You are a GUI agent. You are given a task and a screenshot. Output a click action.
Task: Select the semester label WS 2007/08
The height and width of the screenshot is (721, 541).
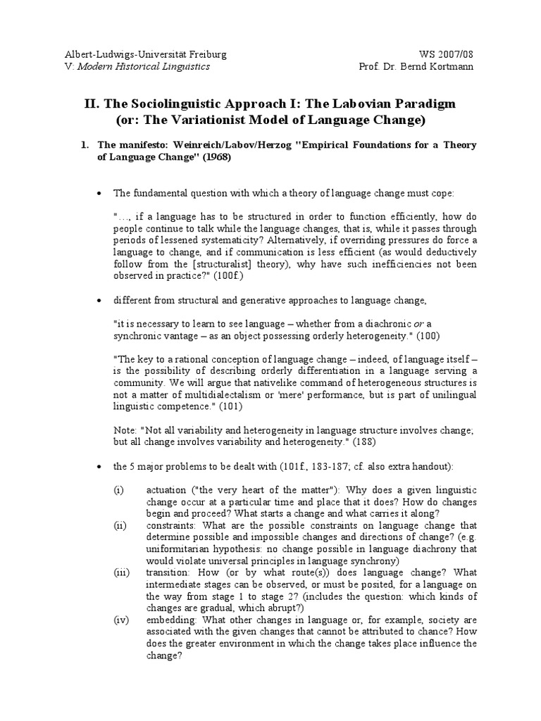point(452,55)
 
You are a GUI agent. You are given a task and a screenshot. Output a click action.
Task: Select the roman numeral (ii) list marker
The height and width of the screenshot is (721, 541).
point(119,525)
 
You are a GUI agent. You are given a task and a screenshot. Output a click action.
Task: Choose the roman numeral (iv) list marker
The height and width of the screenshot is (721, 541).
point(120,620)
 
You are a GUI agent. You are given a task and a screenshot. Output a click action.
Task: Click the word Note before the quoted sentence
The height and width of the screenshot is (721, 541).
point(125,430)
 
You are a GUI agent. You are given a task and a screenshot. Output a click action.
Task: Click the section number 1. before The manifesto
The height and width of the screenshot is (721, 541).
point(85,146)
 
